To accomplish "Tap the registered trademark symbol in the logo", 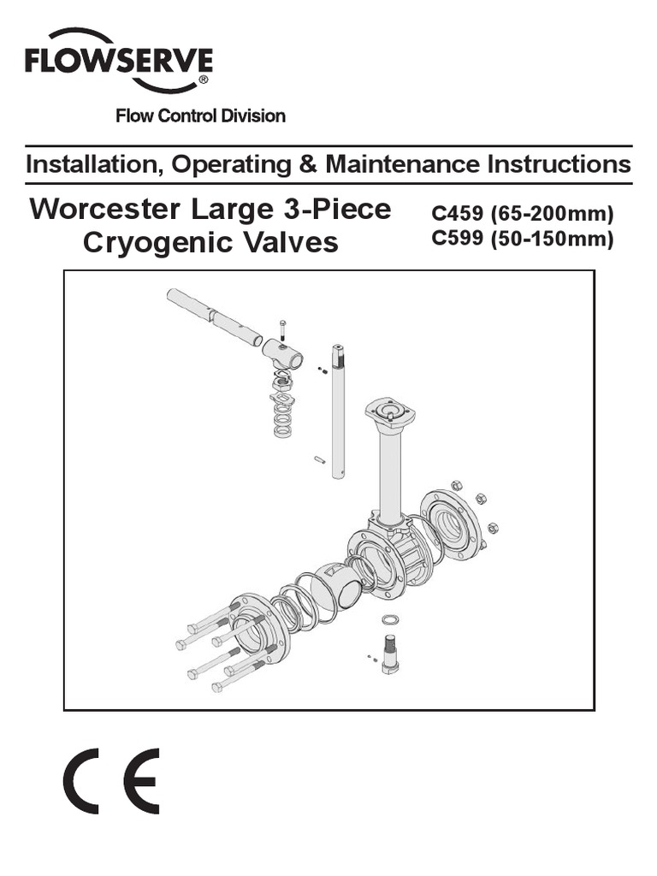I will click(x=202, y=79).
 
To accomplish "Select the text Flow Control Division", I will click(x=200, y=116).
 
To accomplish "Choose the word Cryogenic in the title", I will click(x=146, y=243).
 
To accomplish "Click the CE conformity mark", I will click(x=110, y=781).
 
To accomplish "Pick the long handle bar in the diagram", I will click(x=214, y=317).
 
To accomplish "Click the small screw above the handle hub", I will click(x=283, y=328).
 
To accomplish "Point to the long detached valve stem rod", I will click(x=338, y=411).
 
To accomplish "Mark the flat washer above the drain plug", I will click(x=389, y=619).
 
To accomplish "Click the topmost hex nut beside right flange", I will click(x=456, y=486).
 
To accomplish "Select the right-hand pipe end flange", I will click(x=453, y=526).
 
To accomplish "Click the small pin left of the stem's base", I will click(x=319, y=460).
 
